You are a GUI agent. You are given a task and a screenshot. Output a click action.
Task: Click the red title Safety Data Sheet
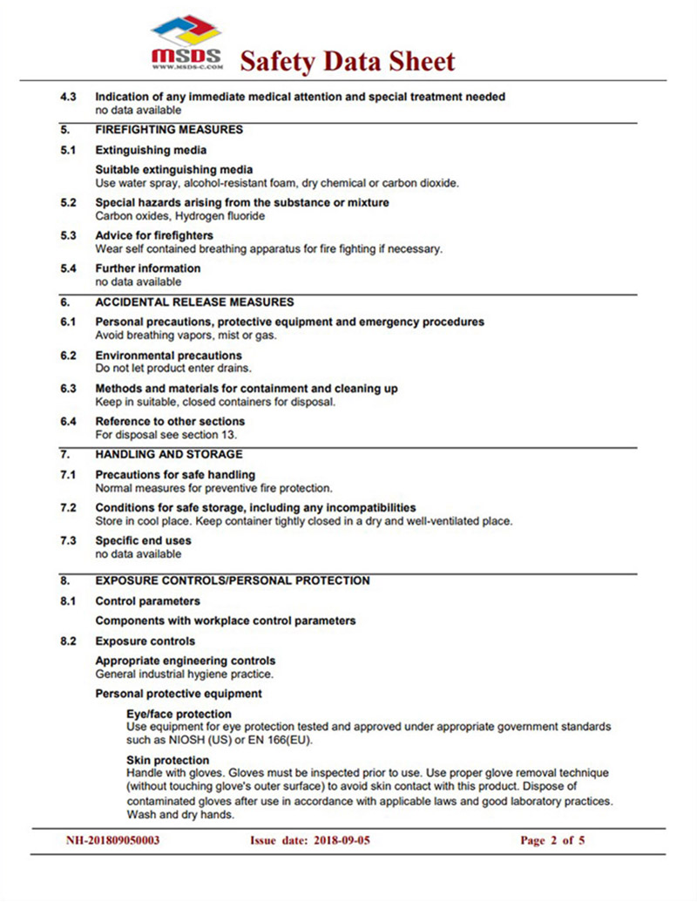tap(347, 61)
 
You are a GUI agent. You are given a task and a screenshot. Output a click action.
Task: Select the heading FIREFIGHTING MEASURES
tap(169, 130)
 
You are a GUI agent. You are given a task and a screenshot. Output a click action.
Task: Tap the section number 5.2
tap(68, 202)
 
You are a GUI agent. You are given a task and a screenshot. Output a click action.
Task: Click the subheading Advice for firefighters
tap(154, 235)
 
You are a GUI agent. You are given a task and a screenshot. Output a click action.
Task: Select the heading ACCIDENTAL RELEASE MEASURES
tap(194, 302)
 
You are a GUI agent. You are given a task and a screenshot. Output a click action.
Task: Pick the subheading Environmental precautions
tap(168, 356)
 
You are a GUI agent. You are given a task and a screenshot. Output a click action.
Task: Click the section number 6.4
tap(68, 422)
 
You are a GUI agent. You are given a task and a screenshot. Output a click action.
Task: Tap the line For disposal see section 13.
tap(166, 435)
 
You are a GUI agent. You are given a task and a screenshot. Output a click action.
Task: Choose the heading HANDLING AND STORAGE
tap(169, 455)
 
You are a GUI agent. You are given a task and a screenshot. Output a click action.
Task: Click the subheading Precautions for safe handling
tap(175, 475)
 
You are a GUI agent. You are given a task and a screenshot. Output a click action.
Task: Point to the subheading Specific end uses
tap(143, 540)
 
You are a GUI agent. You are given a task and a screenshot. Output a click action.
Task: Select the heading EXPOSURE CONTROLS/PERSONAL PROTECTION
tap(233, 581)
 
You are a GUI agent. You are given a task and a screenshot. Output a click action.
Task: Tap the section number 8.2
tap(68, 641)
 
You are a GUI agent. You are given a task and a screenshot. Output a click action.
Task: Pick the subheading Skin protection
tap(167, 760)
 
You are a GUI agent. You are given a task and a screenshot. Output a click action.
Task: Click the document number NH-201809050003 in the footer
tap(113, 841)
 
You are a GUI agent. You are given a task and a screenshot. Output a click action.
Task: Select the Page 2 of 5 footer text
tap(552, 841)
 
